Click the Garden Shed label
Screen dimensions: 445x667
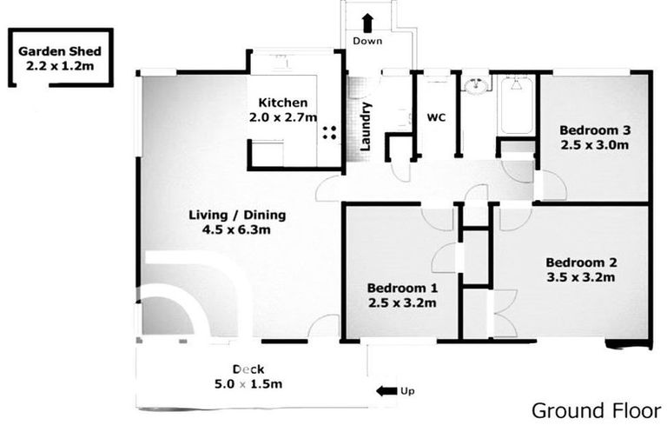pyautogui.click(x=59, y=50)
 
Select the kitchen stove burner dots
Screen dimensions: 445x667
pyautogui.click(x=330, y=132)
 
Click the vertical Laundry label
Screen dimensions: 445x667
pyautogui.click(x=367, y=127)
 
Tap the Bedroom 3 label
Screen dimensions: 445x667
pyautogui.click(x=594, y=130)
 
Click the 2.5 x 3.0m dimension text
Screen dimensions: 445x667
pyautogui.click(x=594, y=145)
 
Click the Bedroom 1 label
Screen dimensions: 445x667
pyautogui.click(x=401, y=288)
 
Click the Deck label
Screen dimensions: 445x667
pyautogui.click(x=249, y=369)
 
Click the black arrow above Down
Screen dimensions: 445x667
pyautogui.click(x=367, y=23)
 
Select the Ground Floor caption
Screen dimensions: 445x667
pyautogui.click(x=595, y=410)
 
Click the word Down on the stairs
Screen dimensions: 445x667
pyautogui.click(x=368, y=42)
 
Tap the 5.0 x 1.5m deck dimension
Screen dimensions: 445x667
pyautogui.click(x=249, y=384)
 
